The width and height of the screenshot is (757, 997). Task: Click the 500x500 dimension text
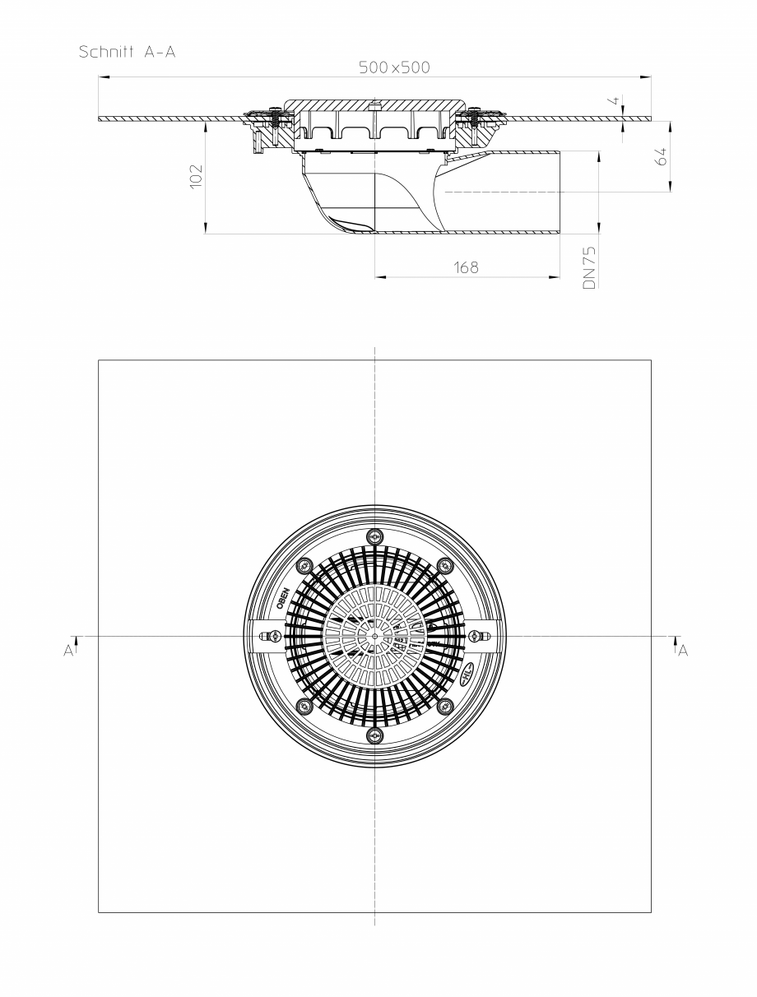pos(393,67)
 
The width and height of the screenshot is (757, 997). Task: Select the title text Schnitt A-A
pos(128,51)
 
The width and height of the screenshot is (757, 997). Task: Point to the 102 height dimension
pos(196,176)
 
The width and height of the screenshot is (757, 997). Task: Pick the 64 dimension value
pos(661,157)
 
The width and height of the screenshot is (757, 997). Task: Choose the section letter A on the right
pos(682,650)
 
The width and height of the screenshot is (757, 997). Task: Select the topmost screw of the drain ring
pos(375,536)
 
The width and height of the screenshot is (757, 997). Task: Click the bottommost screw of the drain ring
pos(375,735)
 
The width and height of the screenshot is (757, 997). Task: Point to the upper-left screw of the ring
pos(304,564)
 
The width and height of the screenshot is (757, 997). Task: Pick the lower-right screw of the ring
pos(447,706)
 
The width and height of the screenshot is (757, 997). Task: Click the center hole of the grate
pos(375,636)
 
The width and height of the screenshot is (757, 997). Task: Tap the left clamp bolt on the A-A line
pos(269,636)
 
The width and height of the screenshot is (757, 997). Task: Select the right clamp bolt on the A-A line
pos(480,636)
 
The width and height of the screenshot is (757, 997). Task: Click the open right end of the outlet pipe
pos(560,192)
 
